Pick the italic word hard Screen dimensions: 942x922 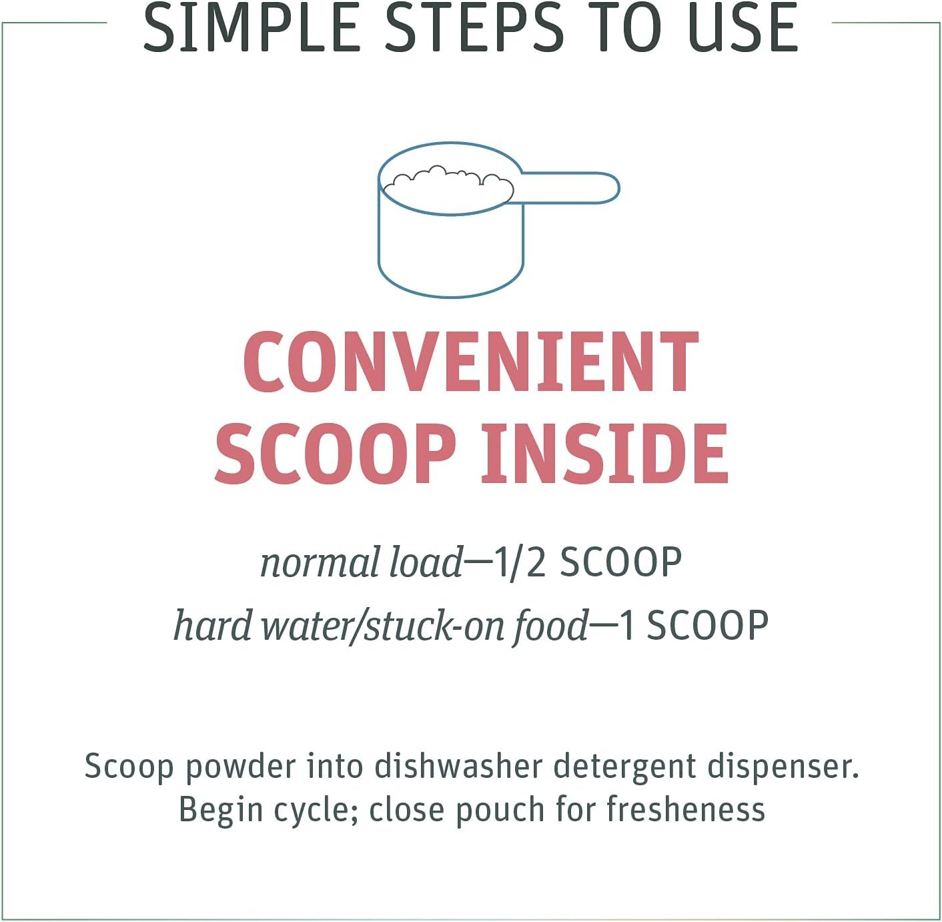coord(213,625)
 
